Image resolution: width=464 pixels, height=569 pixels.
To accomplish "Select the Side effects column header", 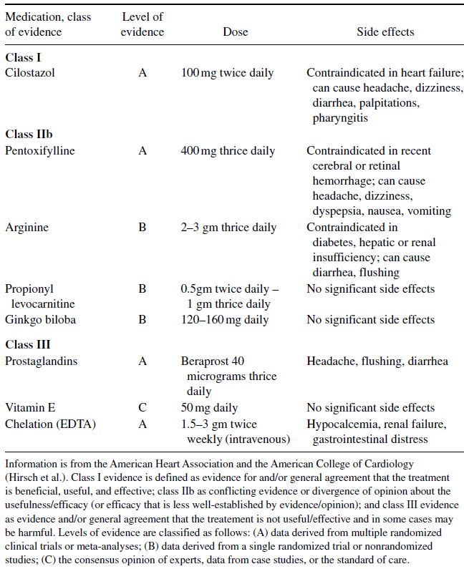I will tap(385, 31).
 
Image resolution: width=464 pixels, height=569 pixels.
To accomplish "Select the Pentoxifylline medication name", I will tap(39, 151).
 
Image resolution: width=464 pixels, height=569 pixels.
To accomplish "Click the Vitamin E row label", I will tap(29, 407).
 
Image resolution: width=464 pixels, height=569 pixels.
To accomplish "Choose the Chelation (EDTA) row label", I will tap(50, 424).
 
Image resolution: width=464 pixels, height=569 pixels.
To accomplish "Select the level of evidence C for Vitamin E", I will tap(142, 407).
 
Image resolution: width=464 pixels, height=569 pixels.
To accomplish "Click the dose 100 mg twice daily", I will tap(227, 73).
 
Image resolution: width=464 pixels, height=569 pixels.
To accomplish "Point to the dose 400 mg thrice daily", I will tap(228, 151).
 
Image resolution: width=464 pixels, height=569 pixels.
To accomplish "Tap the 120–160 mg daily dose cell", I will tap(224, 319).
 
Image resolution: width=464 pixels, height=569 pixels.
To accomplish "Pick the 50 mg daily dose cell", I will tap(209, 407).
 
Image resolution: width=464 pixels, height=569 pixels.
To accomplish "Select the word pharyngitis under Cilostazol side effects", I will tap(340, 117).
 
